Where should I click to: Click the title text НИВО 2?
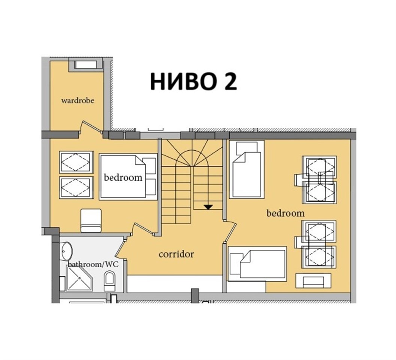click(x=193, y=81)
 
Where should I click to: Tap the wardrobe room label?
click(x=77, y=100)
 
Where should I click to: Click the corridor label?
click(x=176, y=254)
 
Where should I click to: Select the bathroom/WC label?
click(x=93, y=264)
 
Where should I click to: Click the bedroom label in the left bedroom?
click(x=123, y=177)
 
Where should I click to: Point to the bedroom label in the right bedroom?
click(x=285, y=213)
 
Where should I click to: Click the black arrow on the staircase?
click(x=208, y=207)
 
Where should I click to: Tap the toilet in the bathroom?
click(x=110, y=281)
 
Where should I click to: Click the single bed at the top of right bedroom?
click(x=246, y=169)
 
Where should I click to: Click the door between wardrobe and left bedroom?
click(x=91, y=127)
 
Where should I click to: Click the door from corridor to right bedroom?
click(x=230, y=231)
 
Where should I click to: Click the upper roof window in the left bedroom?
click(x=76, y=162)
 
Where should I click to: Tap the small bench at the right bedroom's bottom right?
click(x=313, y=281)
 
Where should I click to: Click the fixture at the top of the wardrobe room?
click(x=86, y=64)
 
